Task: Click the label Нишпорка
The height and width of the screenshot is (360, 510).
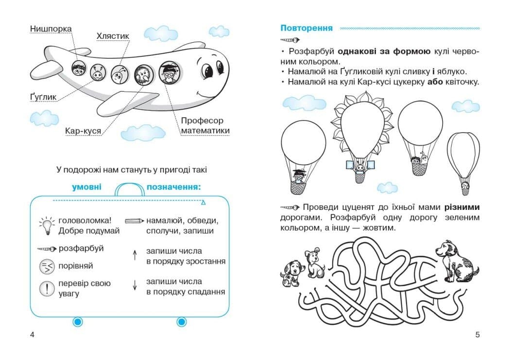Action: (51, 29)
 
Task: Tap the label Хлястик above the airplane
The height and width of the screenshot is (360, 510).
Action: (113, 36)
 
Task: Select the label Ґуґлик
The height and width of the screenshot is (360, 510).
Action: (43, 97)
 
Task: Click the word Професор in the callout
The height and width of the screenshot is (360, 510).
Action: (202, 120)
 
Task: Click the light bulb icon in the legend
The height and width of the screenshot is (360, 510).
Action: (46, 224)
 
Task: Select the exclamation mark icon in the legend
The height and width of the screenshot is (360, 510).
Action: (47, 289)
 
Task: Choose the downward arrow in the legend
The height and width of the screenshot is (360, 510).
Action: (135, 286)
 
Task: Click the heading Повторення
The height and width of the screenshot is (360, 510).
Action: (306, 28)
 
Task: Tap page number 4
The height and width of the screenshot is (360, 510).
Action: (32, 334)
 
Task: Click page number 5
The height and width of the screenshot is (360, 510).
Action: (477, 334)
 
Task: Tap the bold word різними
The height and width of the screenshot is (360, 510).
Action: (462, 207)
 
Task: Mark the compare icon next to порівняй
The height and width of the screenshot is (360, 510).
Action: (47, 266)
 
